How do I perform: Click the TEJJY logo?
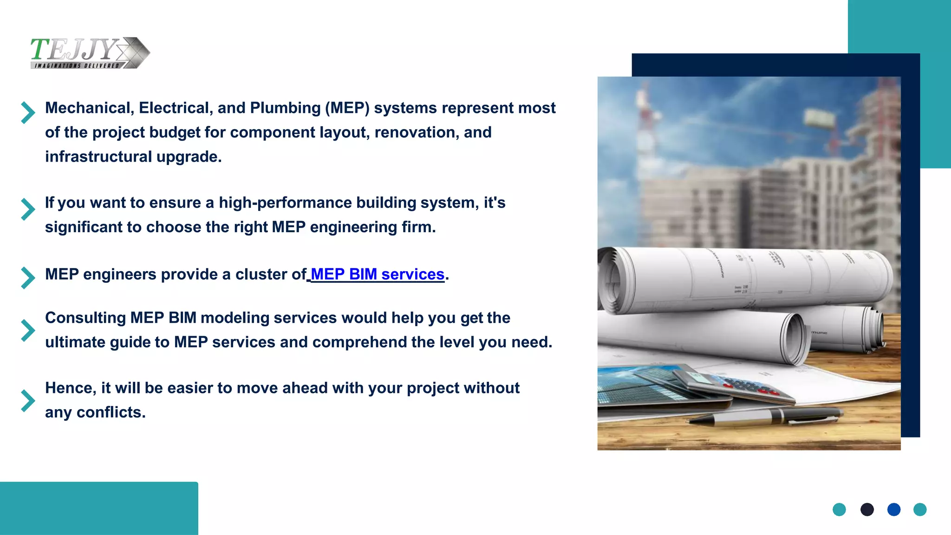[90, 52]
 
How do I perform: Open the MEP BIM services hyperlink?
[377, 274]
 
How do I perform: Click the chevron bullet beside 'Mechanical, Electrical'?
[28, 112]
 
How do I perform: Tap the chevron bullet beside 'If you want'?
[28, 209]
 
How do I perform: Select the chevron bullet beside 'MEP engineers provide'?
[28, 278]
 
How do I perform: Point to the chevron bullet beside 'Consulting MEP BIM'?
[28, 330]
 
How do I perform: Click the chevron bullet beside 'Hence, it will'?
[28, 400]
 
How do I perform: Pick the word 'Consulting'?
[85, 318]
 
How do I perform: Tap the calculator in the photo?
[734, 385]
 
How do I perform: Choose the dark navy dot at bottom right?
[867, 509]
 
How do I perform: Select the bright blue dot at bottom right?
[894, 509]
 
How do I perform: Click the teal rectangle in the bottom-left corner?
[99, 508]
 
